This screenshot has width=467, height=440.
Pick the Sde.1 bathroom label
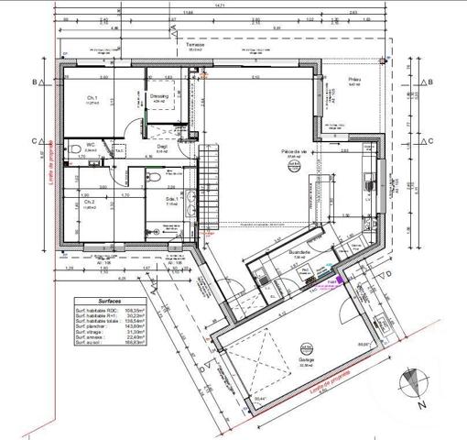click(x=170, y=199)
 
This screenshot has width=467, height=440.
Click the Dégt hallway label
click(x=161, y=146)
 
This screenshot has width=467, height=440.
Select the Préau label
click(x=355, y=81)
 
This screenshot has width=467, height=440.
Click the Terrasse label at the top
click(x=196, y=42)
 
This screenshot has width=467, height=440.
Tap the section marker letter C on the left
click(x=34, y=140)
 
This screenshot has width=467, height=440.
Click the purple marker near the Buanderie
click(x=337, y=280)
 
